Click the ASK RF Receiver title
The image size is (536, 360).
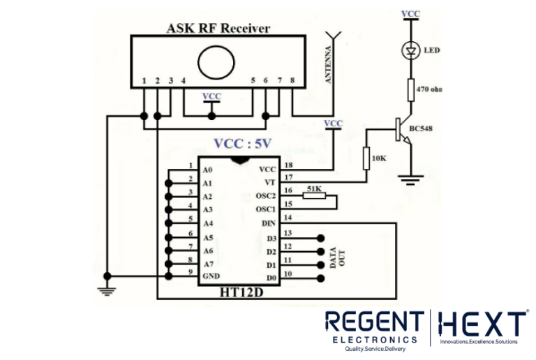pyautogui.click(x=218, y=29)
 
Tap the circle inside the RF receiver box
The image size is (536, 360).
pyautogui.click(x=216, y=60)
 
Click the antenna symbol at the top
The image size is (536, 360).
pyautogui.click(x=334, y=35)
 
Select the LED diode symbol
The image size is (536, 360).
pyautogui.click(x=411, y=50)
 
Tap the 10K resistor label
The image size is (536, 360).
pyautogui.click(x=379, y=158)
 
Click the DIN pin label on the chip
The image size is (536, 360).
pyautogui.click(x=268, y=223)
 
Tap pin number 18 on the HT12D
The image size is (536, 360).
pyautogui.click(x=288, y=165)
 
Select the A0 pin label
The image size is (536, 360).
pyautogui.click(x=207, y=170)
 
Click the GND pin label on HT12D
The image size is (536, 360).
pyautogui.click(x=210, y=276)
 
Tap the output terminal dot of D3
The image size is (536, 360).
pyautogui.click(x=321, y=237)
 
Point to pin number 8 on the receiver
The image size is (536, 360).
pyautogui.click(x=292, y=81)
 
